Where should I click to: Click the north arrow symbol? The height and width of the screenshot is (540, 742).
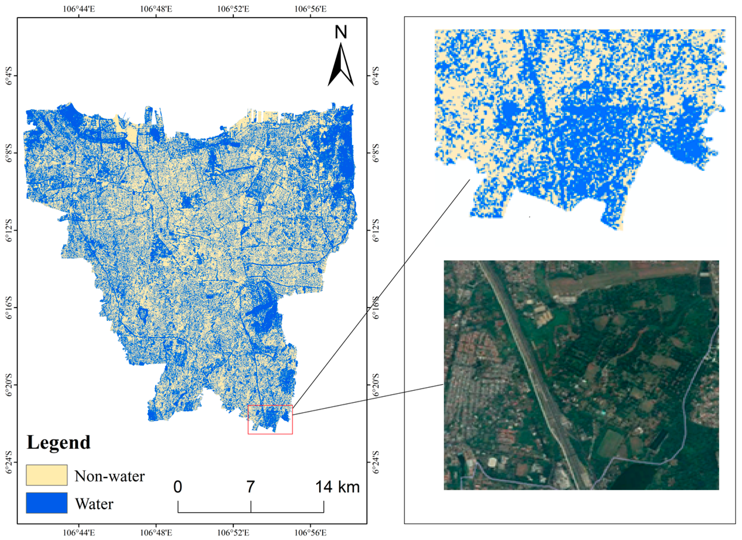click(341, 65)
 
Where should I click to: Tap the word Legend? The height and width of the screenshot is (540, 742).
click(58, 442)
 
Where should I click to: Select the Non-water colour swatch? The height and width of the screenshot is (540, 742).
click(47, 475)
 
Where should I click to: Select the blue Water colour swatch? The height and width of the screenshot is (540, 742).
click(47, 503)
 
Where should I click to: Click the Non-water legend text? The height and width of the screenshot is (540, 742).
click(109, 476)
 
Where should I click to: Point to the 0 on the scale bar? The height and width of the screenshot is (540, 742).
click(178, 487)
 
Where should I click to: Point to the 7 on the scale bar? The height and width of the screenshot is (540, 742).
click(251, 487)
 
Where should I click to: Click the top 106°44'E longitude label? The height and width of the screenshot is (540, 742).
click(79, 9)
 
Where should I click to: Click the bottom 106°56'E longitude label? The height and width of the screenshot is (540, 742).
click(310, 533)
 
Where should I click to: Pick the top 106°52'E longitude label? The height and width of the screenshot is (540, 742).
click(233, 9)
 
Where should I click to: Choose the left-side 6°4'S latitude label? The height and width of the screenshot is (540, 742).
click(9, 76)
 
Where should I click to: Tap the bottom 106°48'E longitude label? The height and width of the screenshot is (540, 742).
click(156, 533)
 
